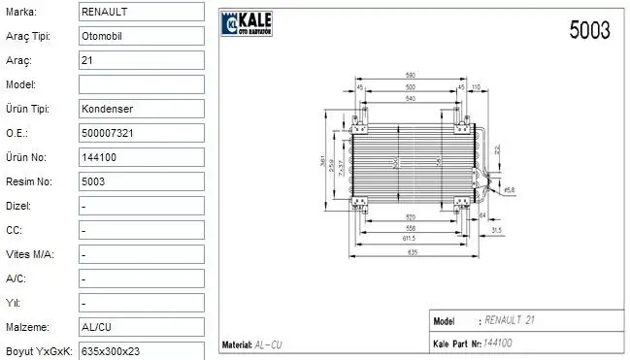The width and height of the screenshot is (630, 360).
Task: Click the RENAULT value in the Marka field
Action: click(x=105, y=12)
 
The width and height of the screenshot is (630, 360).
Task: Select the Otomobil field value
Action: click(x=104, y=36)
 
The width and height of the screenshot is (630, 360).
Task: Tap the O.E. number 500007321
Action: click(x=110, y=133)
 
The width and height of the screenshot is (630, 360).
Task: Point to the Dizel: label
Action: click(x=18, y=206)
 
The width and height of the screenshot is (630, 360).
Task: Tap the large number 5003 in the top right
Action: click(x=588, y=30)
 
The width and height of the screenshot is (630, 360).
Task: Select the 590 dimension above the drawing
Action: click(x=411, y=75)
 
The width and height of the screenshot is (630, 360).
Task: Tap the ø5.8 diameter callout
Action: click(x=509, y=190)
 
